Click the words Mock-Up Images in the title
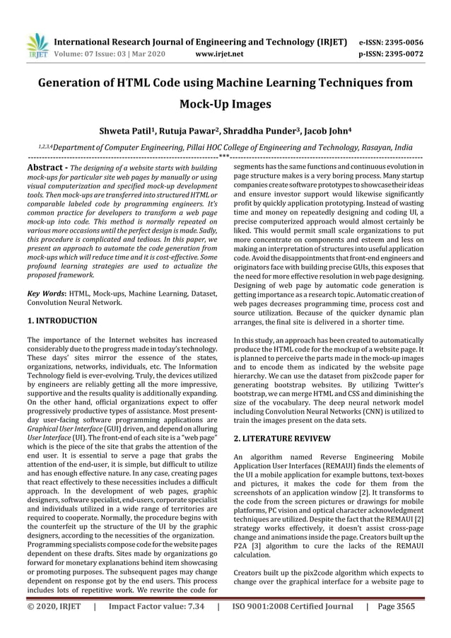pyautogui.click(x=225, y=105)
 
